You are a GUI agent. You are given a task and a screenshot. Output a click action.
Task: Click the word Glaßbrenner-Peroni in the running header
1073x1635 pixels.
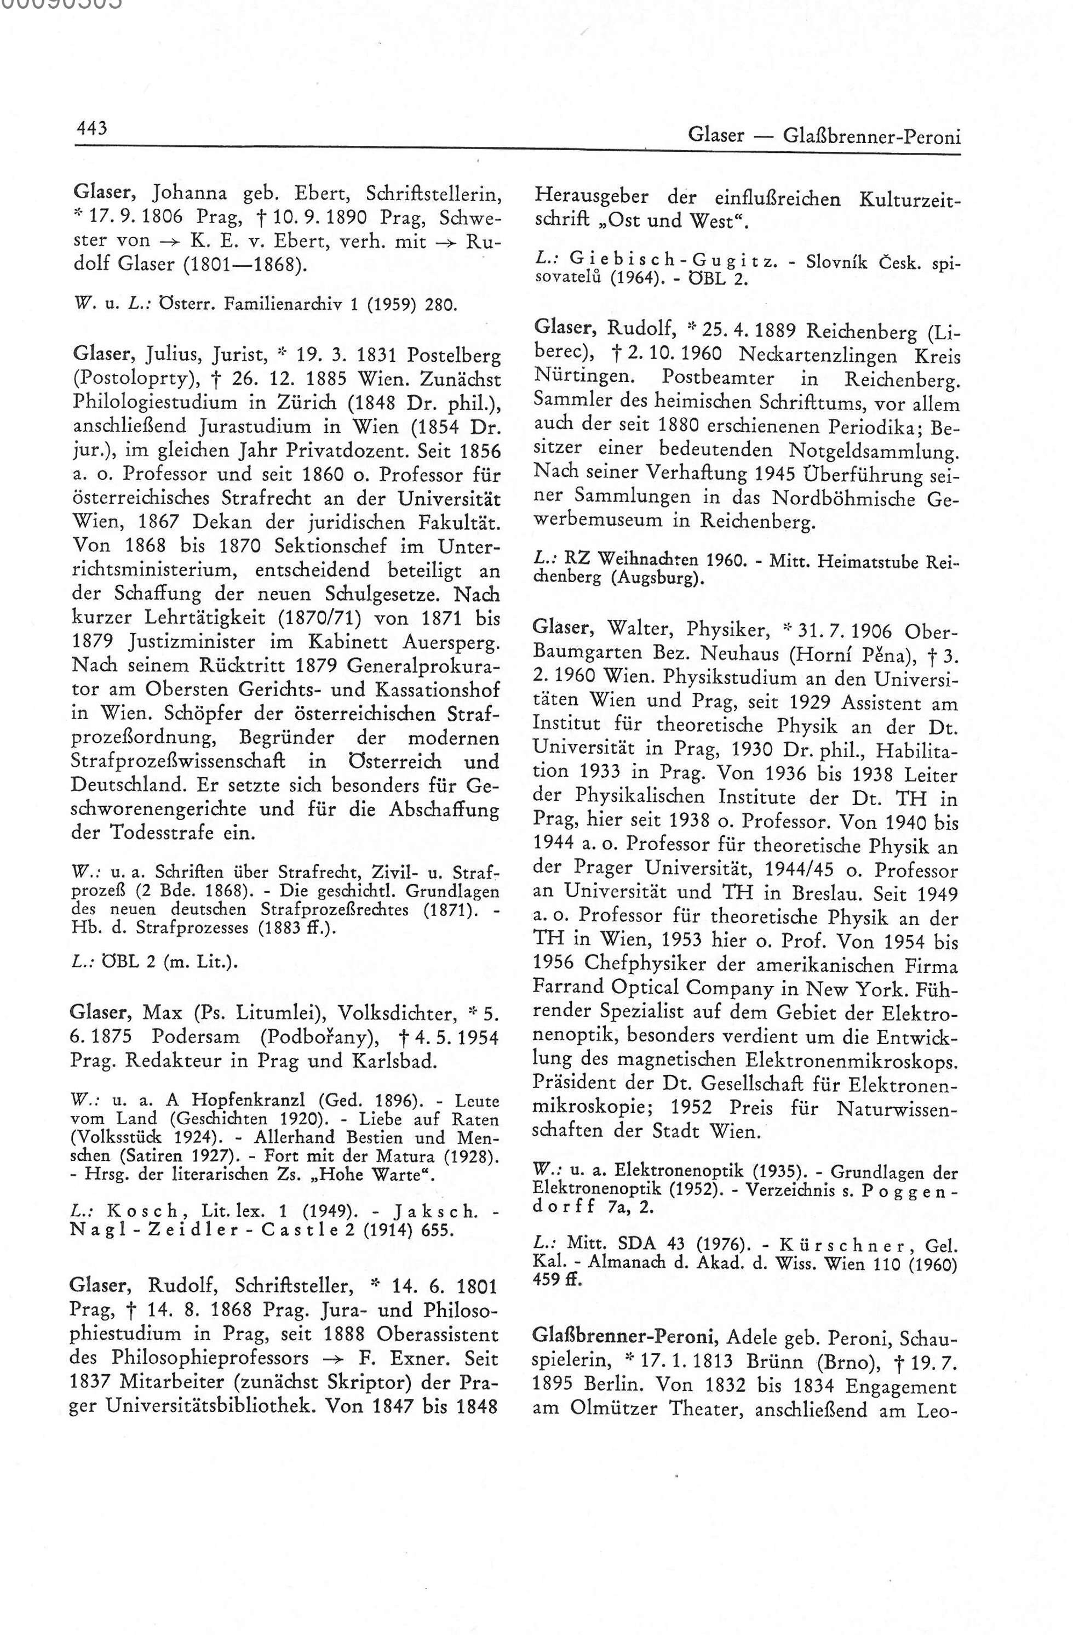(x=870, y=135)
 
